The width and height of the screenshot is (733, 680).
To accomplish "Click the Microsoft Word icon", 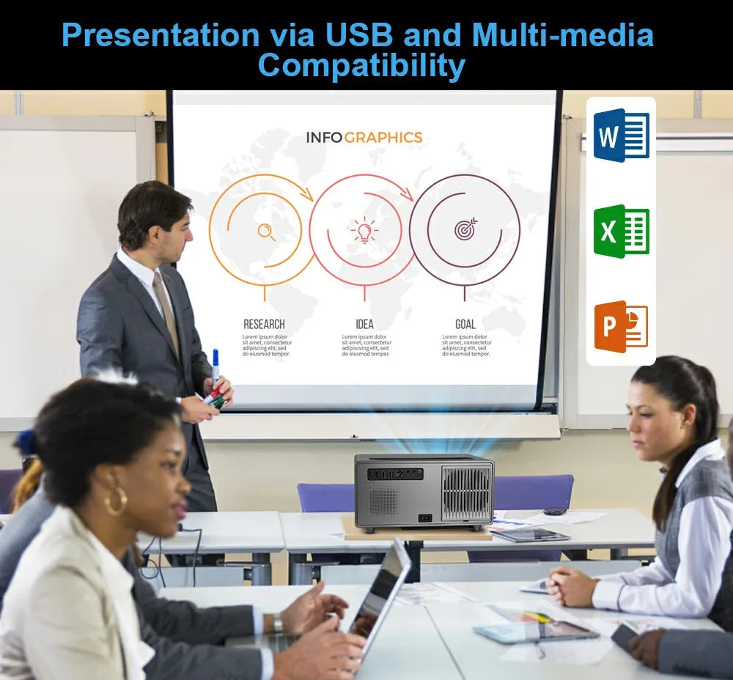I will [621, 135].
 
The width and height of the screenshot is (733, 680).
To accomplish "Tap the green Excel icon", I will [621, 232].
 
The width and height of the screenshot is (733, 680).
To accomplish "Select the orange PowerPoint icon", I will [621, 327].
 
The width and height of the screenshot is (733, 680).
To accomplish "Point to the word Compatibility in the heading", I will [361, 66].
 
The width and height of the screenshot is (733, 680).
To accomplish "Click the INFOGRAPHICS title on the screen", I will [364, 137].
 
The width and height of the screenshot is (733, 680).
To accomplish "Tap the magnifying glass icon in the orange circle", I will [266, 232].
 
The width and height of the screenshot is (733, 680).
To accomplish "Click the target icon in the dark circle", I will [465, 229].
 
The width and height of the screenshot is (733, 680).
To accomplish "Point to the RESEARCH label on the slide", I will [264, 324].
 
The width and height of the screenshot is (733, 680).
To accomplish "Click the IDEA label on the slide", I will [364, 324].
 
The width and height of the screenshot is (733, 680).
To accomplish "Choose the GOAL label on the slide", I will [465, 324].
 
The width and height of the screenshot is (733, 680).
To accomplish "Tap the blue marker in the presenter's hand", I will [216, 364].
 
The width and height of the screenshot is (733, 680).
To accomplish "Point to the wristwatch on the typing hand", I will [277, 623].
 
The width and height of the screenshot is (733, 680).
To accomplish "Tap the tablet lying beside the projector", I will [531, 536].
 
